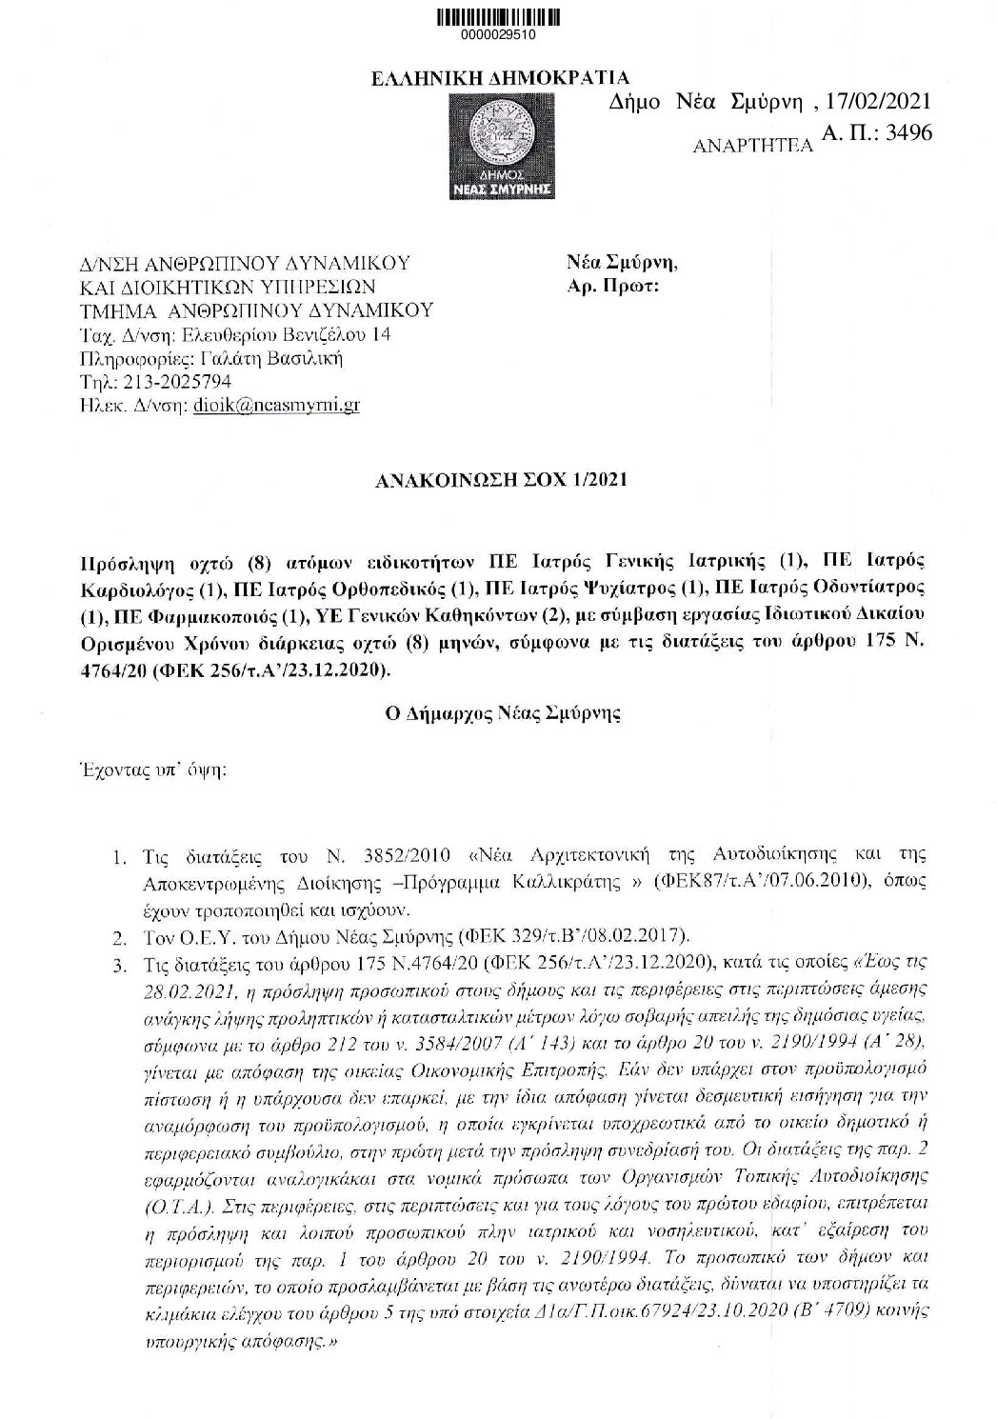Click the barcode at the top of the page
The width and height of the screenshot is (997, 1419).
click(497, 17)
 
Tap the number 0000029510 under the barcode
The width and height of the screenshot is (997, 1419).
click(497, 34)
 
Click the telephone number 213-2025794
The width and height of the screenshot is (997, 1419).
click(166, 382)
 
